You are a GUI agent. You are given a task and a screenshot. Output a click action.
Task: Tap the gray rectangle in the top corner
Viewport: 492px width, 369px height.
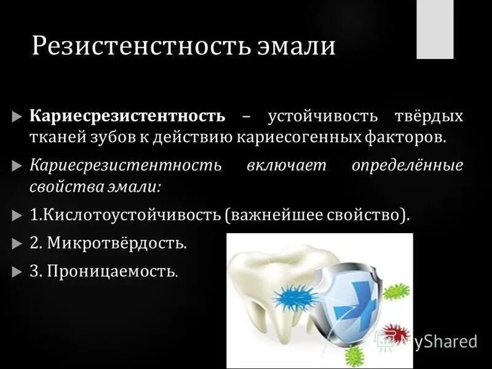point(435,29)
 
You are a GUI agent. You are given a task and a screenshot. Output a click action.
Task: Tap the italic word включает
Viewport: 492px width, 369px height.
point(285,166)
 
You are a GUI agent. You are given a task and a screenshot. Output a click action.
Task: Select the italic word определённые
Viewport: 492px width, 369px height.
point(408,166)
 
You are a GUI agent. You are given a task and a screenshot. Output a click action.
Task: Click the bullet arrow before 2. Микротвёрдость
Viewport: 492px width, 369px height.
point(17,244)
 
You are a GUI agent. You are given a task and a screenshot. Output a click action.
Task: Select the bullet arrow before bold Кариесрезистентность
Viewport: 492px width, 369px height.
point(17,116)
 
